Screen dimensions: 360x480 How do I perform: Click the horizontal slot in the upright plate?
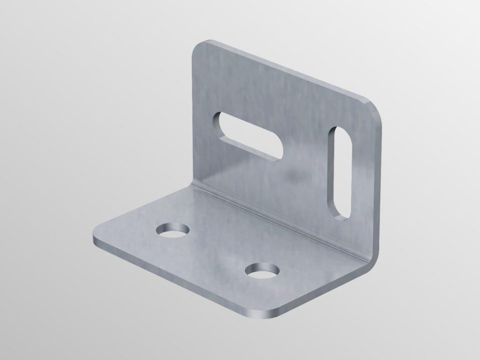tap(248, 136)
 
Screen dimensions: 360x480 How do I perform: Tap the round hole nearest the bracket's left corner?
tap(173, 230)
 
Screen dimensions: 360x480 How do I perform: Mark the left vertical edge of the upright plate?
tap(193, 117)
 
